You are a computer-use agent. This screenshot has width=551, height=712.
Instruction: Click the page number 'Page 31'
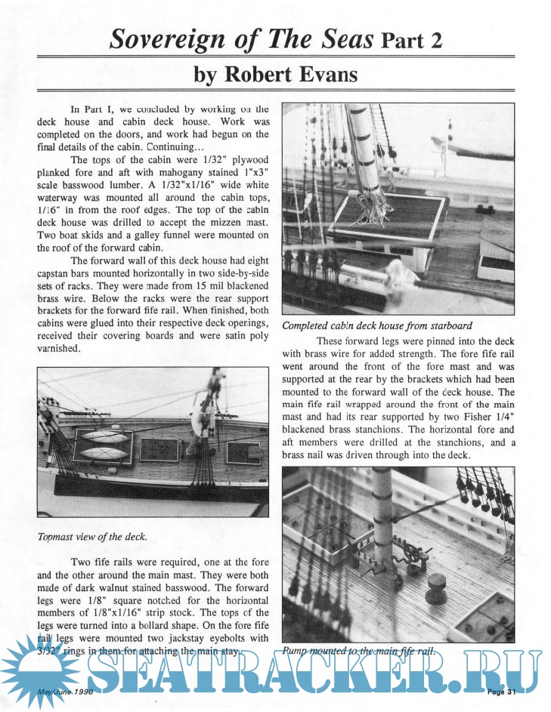[x=500, y=692]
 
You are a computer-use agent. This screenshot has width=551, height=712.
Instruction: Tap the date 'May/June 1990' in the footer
[x=67, y=692]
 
